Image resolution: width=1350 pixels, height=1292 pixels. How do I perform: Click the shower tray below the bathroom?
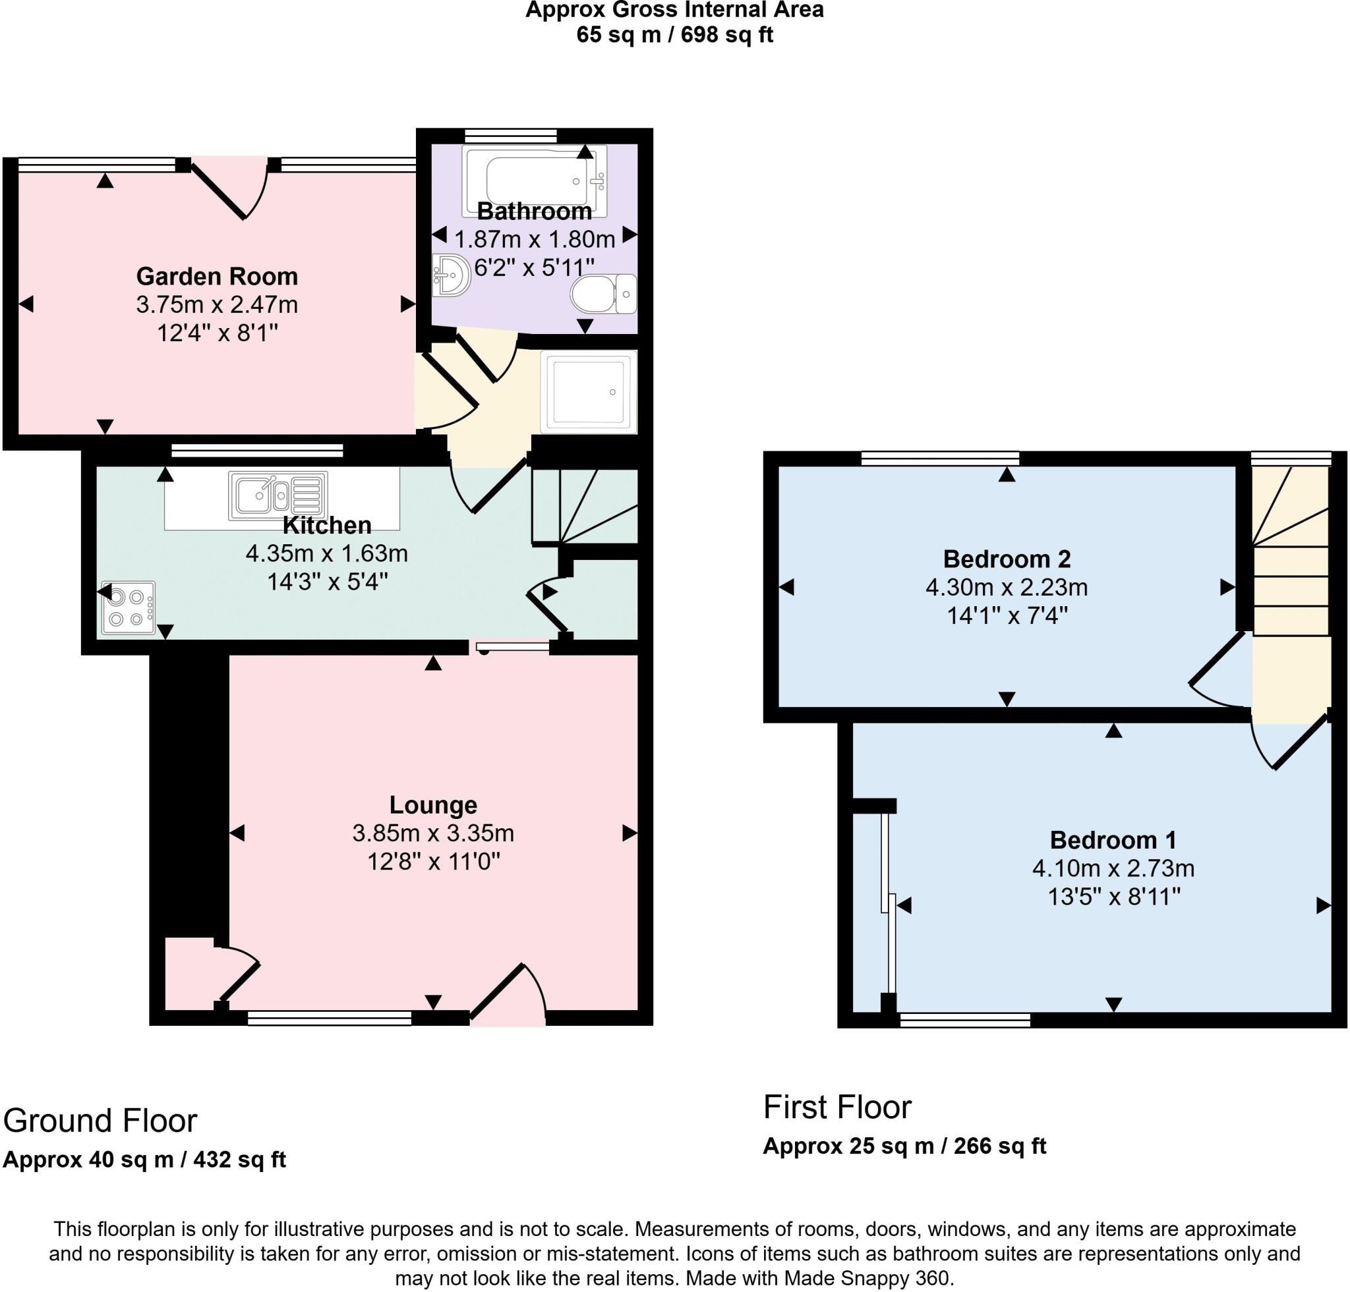pos(589,391)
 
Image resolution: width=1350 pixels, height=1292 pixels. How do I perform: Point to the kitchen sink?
pos(278,495)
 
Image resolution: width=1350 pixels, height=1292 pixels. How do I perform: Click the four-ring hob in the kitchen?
pos(128,607)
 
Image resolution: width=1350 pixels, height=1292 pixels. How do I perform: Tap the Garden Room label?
pos(217,276)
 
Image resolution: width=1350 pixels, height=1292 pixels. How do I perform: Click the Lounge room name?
pos(432,804)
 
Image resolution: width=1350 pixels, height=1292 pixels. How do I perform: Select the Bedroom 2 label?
pos(1007,559)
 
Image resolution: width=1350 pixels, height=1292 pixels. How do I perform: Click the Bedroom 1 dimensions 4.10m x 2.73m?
pos(1113,868)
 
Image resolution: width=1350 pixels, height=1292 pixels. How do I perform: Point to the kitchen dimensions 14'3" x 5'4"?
pos(327,582)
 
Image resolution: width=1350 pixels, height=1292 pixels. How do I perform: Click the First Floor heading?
pos(837,1108)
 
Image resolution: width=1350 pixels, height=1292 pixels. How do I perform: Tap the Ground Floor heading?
pos(101,1121)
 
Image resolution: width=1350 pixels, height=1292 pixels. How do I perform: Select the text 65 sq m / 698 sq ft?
pos(674,34)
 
